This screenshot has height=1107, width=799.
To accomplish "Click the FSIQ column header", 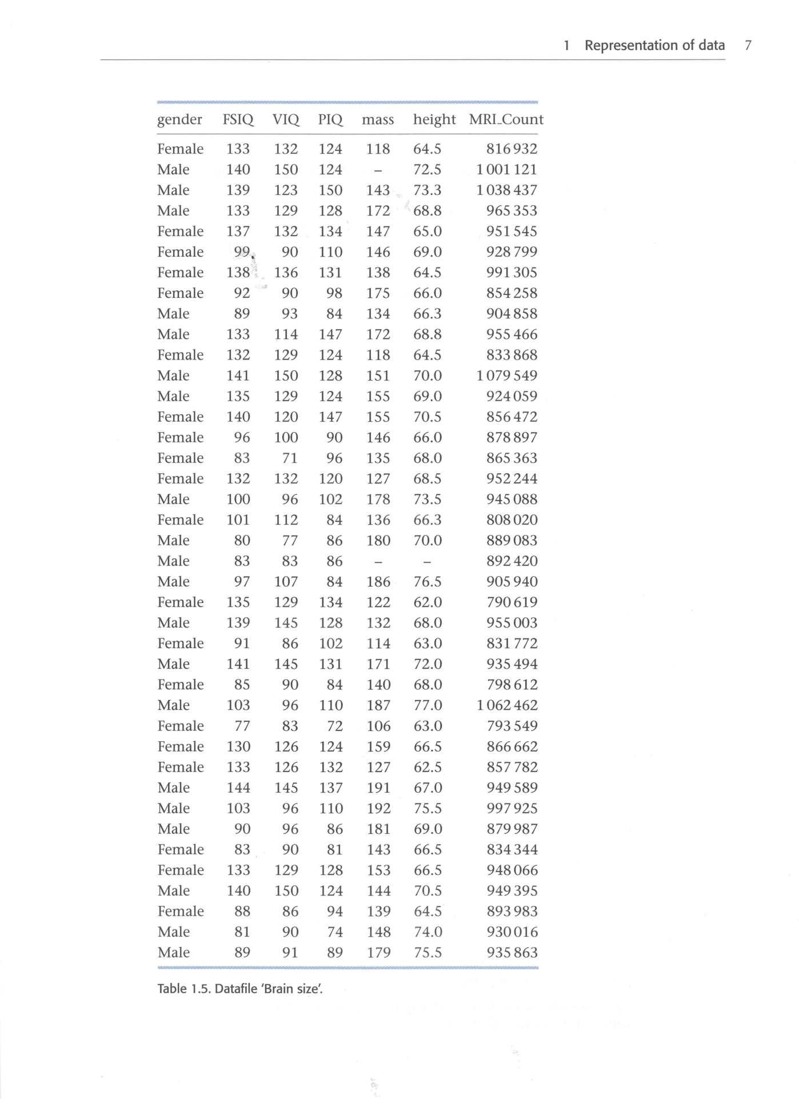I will pos(238,119).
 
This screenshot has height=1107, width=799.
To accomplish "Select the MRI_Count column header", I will pos(506,119).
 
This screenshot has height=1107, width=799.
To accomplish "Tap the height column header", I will pos(434,119).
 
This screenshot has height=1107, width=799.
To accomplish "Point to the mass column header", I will pos(378,120).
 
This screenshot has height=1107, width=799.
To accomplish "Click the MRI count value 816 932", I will pos(512,149).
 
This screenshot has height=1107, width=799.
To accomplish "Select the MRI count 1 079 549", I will pos(506,376).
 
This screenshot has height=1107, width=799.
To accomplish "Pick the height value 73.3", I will pos(428,190).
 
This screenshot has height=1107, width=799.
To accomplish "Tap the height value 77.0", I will pos(428,705).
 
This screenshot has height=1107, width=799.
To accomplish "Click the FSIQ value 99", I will pos(242,252).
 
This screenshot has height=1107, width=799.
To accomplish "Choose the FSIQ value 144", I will pos(238,788).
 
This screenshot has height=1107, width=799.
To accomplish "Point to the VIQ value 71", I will pos(290,458).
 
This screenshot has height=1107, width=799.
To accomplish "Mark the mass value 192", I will pos(378,809).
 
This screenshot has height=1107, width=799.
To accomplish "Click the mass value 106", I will pos(378,726).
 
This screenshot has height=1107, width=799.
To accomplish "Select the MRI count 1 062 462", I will pos(507,705).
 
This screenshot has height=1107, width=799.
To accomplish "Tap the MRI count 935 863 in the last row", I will pos(512,953).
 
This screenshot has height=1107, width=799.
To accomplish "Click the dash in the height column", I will pos(427,562).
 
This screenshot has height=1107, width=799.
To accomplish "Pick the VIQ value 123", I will pos(286,190).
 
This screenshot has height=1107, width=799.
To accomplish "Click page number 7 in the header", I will pos(748,45).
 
